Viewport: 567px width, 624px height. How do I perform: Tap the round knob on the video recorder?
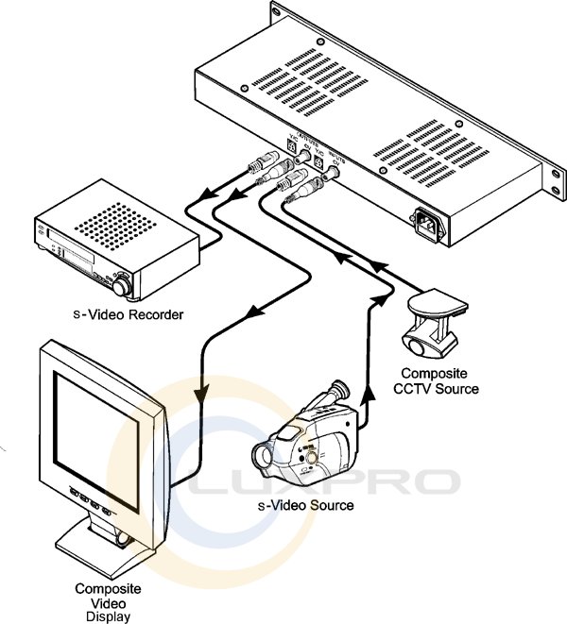click(124, 280)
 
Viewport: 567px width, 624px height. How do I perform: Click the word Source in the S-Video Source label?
click(332, 506)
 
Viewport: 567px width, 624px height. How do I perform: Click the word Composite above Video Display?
click(101, 588)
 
